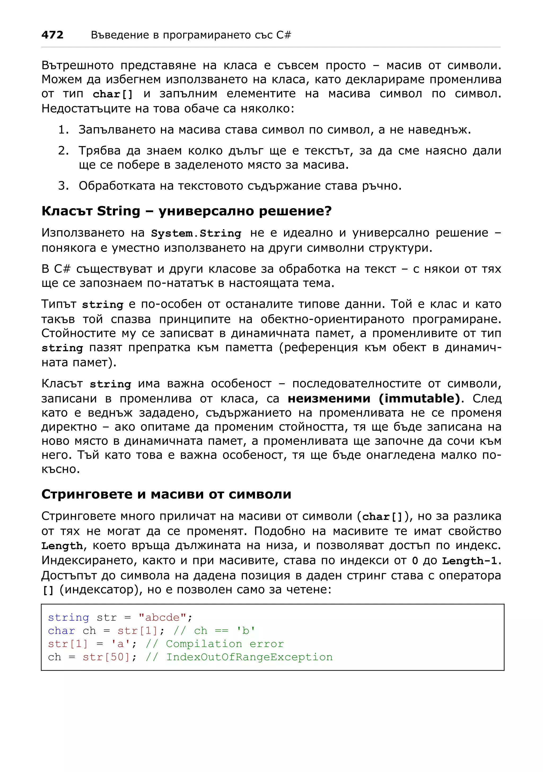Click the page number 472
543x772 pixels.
(52, 35)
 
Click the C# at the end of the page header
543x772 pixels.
(284, 35)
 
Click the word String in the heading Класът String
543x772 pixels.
(119, 211)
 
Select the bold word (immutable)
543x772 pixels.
(419, 398)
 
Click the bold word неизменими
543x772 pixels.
(329, 398)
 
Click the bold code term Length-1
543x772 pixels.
(470, 561)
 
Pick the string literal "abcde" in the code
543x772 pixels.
(163, 618)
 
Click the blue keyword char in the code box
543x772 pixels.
(61, 631)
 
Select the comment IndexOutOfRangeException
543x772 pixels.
(249, 657)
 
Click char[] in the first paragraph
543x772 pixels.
(113, 94)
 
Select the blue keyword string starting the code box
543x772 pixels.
(68, 618)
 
